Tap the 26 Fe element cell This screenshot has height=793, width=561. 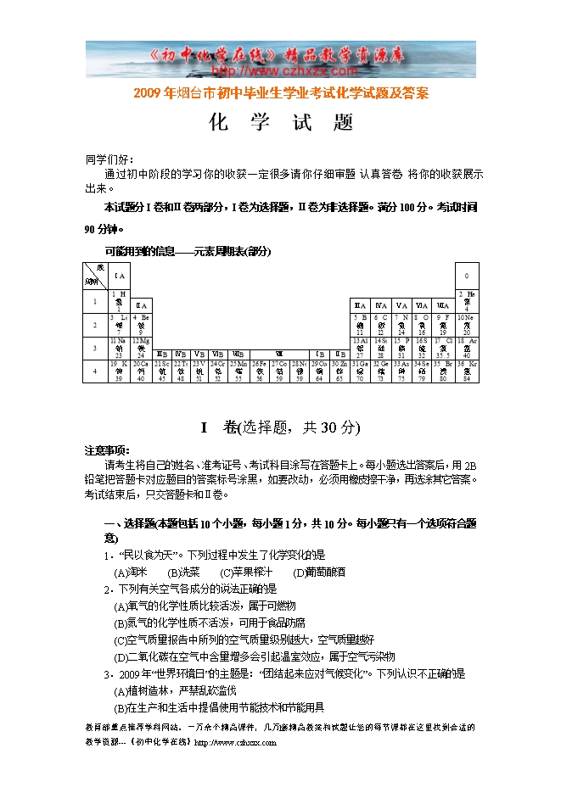[x=260, y=371]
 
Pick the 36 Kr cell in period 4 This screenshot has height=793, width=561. [x=467, y=371]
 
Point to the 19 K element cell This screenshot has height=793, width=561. [x=119, y=371]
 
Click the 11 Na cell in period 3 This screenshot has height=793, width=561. [x=119, y=346]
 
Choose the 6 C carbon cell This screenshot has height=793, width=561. [x=381, y=323]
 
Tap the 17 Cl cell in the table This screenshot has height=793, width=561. [x=443, y=346]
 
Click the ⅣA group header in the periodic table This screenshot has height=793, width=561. [x=381, y=304]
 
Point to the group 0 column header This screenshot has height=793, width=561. [x=467, y=276]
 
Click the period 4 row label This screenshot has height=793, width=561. [x=94, y=371]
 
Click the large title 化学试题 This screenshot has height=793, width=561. [x=281, y=123]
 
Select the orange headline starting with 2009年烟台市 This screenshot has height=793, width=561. [x=281, y=93]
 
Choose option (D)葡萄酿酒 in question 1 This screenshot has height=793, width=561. [x=319, y=572]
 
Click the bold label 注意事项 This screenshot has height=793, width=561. [x=106, y=450]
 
